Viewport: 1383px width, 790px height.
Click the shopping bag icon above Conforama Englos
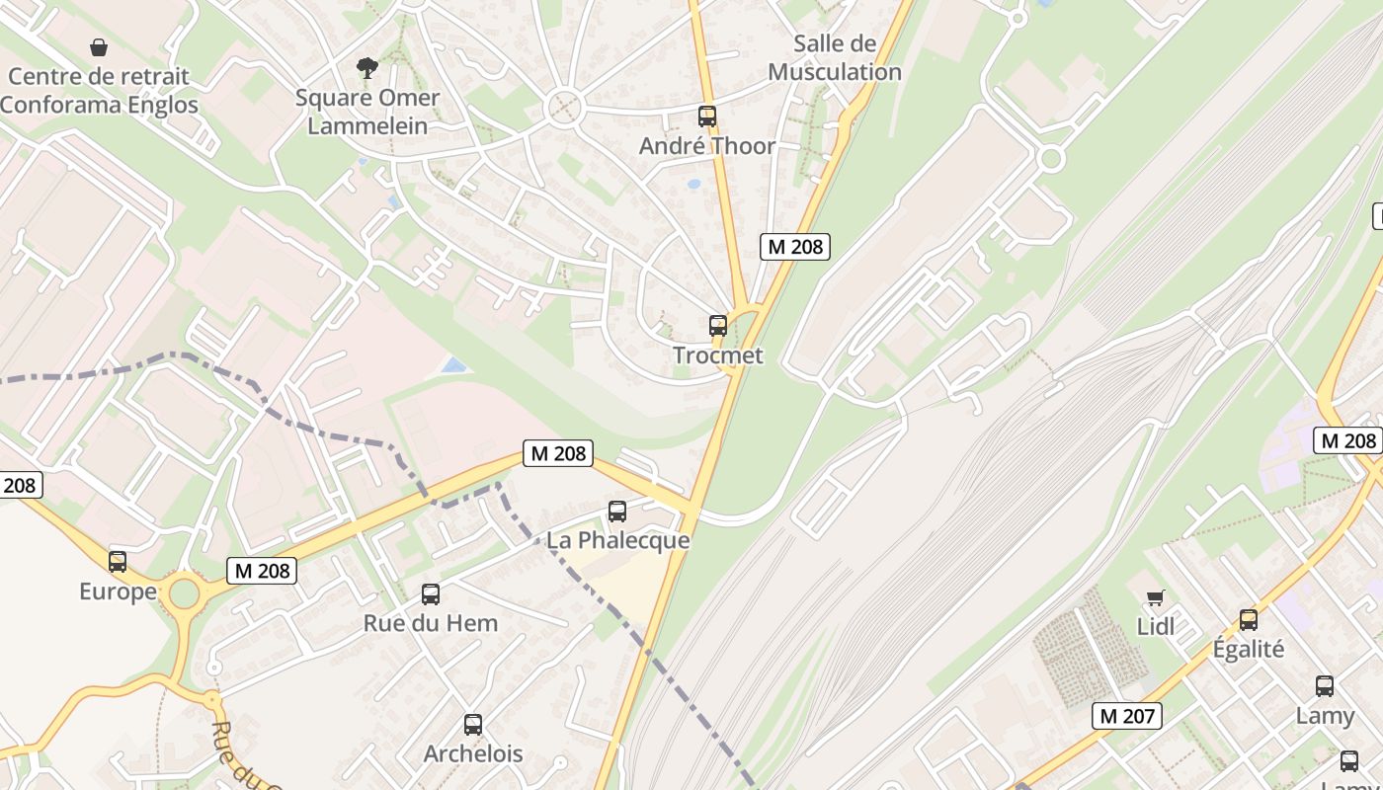pyautogui.click(x=99, y=46)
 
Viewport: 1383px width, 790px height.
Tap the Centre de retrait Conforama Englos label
pyautogui.click(x=99, y=90)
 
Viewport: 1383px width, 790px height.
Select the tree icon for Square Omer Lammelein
pyautogui.click(x=367, y=67)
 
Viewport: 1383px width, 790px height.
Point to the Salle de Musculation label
pyautogui.click(x=835, y=57)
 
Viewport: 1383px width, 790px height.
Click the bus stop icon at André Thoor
pyautogui.click(x=707, y=116)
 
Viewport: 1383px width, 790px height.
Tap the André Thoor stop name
pyautogui.click(x=707, y=146)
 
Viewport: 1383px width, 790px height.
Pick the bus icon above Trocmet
pyautogui.click(x=718, y=325)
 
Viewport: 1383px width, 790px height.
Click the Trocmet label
pyautogui.click(x=718, y=355)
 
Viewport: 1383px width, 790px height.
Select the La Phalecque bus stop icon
pyautogui.click(x=617, y=511)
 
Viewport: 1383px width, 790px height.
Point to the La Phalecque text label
pyautogui.click(x=617, y=541)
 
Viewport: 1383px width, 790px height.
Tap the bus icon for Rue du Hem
pyautogui.click(x=431, y=593)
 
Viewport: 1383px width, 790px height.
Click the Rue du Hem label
pyautogui.click(x=431, y=623)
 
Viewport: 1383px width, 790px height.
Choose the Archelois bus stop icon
pyautogui.click(x=473, y=724)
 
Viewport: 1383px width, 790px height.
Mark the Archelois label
pyautogui.click(x=473, y=753)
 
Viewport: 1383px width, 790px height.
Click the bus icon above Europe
pyautogui.click(x=118, y=562)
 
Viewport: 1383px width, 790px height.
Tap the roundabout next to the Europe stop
pyautogui.click(x=184, y=594)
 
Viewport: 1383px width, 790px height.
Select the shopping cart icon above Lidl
pyautogui.click(x=1155, y=597)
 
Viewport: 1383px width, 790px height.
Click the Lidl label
pyautogui.click(x=1156, y=626)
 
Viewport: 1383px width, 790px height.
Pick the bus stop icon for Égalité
pyautogui.click(x=1249, y=619)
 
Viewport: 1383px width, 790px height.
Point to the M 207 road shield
pyautogui.click(x=1127, y=716)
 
